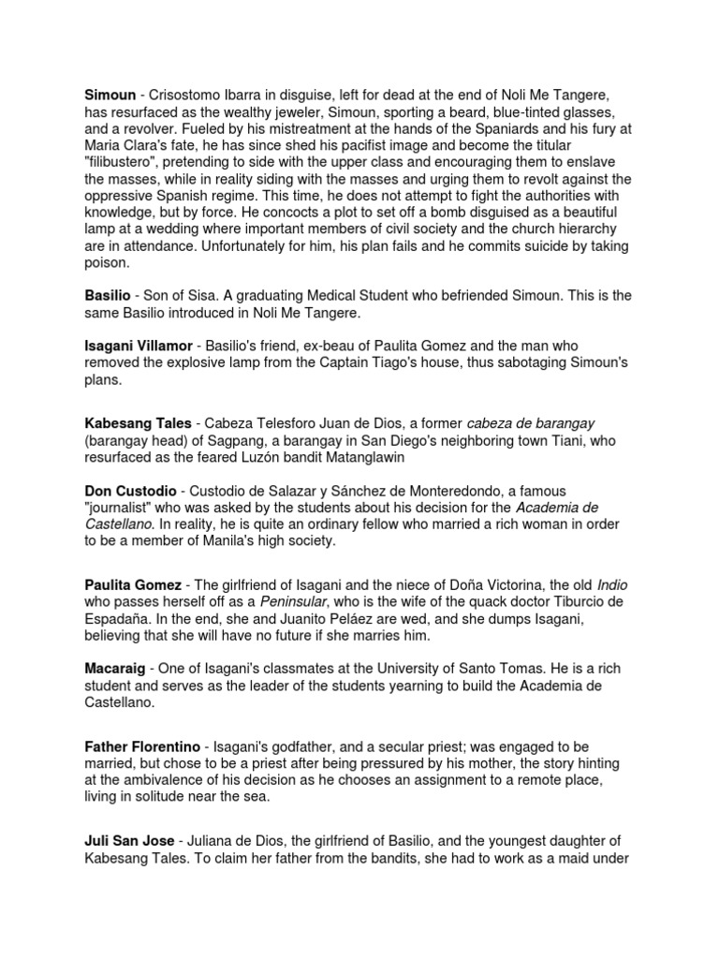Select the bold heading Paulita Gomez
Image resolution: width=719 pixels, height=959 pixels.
coord(133,584)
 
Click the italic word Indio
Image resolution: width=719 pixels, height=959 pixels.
coord(612,584)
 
